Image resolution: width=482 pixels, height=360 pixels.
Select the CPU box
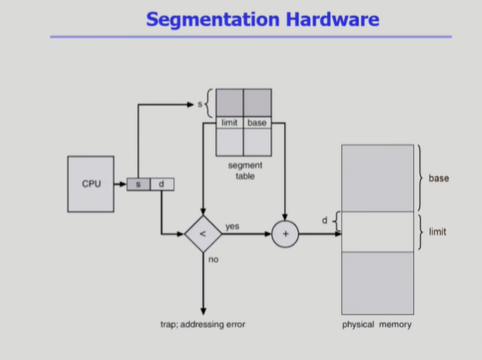[x=91, y=184]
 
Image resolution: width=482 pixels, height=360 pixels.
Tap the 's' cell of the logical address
[x=138, y=185]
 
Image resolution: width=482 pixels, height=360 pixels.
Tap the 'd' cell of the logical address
[x=161, y=185]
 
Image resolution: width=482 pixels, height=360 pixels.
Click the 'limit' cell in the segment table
[x=229, y=123]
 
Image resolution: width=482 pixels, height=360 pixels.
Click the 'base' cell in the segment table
[x=257, y=123]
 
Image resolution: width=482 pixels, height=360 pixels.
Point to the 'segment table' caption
[x=244, y=171]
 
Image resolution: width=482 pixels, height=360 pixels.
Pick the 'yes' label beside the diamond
[x=232, y=226]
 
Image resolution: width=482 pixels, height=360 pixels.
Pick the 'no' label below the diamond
[x=213, y=258]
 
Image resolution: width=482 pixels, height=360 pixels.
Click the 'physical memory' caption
[x=376, y=324]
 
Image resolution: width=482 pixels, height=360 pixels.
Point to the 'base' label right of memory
[x=438, y=178]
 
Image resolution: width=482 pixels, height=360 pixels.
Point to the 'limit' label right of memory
[x=437, y=232]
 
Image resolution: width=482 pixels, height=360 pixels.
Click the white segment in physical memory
[x=377, y=232]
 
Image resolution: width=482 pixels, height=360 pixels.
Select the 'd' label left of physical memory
[x=325, y=221]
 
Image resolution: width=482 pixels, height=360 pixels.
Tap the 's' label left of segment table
[x=199, y=103]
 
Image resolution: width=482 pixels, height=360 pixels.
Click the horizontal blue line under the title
[x=250, y=37]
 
